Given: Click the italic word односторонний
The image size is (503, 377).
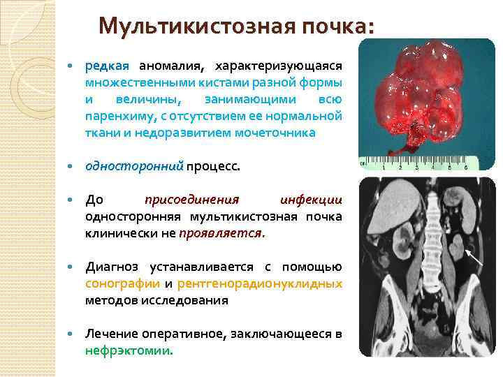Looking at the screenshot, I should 133,166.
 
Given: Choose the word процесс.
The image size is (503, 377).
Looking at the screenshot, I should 213,166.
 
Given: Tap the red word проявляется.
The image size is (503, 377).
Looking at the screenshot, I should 221,233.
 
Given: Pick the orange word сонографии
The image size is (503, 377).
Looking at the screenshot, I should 122,283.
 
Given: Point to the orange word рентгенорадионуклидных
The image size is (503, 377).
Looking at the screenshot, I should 260,283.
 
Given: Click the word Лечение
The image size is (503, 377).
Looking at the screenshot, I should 110,334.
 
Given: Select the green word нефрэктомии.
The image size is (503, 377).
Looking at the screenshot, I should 128,350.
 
